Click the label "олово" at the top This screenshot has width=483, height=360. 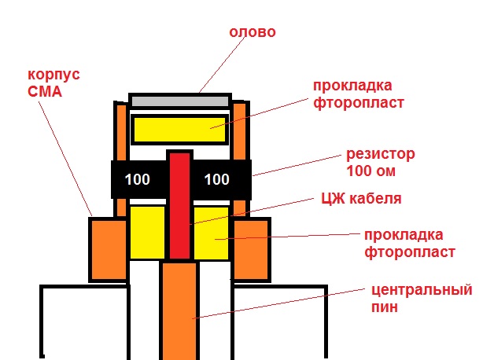[x=253, y=33]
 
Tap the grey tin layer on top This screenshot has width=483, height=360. [x=180, y=101]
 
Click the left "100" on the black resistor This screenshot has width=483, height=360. [x=138, y=179]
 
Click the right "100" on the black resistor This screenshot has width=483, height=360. [x=216, y=179]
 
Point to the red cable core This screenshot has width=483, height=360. [x=180, y=204]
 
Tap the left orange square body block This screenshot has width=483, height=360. [x=108, y=248]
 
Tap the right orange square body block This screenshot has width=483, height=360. [x=251, y=248]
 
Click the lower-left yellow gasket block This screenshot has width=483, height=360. [x=147, y=233]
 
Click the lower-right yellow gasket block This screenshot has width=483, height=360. [x=211, y=233]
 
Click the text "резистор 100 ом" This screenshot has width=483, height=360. [x=380, y=161]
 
